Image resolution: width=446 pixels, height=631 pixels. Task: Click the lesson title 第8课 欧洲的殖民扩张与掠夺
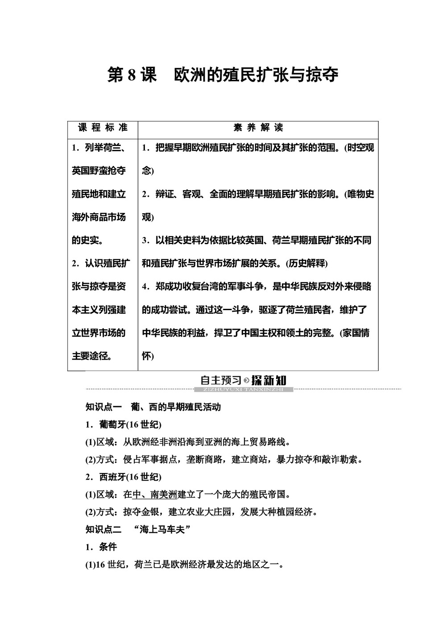(x=223, y=75)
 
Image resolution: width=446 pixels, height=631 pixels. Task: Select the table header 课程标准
(x=103, y=128)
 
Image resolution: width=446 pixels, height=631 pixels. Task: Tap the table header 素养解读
(x=258, y=128)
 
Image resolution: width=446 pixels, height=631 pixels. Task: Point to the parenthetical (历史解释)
(x=307, y=263)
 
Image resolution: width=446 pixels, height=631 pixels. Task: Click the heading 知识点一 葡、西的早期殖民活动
(x=153, y=407)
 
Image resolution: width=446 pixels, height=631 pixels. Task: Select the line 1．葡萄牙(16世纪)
(x=123, y=424)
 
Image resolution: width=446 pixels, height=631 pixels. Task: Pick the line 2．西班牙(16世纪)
(x=123, y=477)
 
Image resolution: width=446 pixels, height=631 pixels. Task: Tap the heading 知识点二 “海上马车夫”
(x=138, y=529)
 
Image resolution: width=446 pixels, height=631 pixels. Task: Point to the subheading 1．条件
(x=101, y=547)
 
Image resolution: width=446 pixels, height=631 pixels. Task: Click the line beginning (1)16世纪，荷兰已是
(x=184, y=565)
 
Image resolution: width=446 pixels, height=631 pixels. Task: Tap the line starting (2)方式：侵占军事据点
(x=223, y=459)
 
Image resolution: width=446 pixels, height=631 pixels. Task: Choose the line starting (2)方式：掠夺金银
(x=201, y=512)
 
